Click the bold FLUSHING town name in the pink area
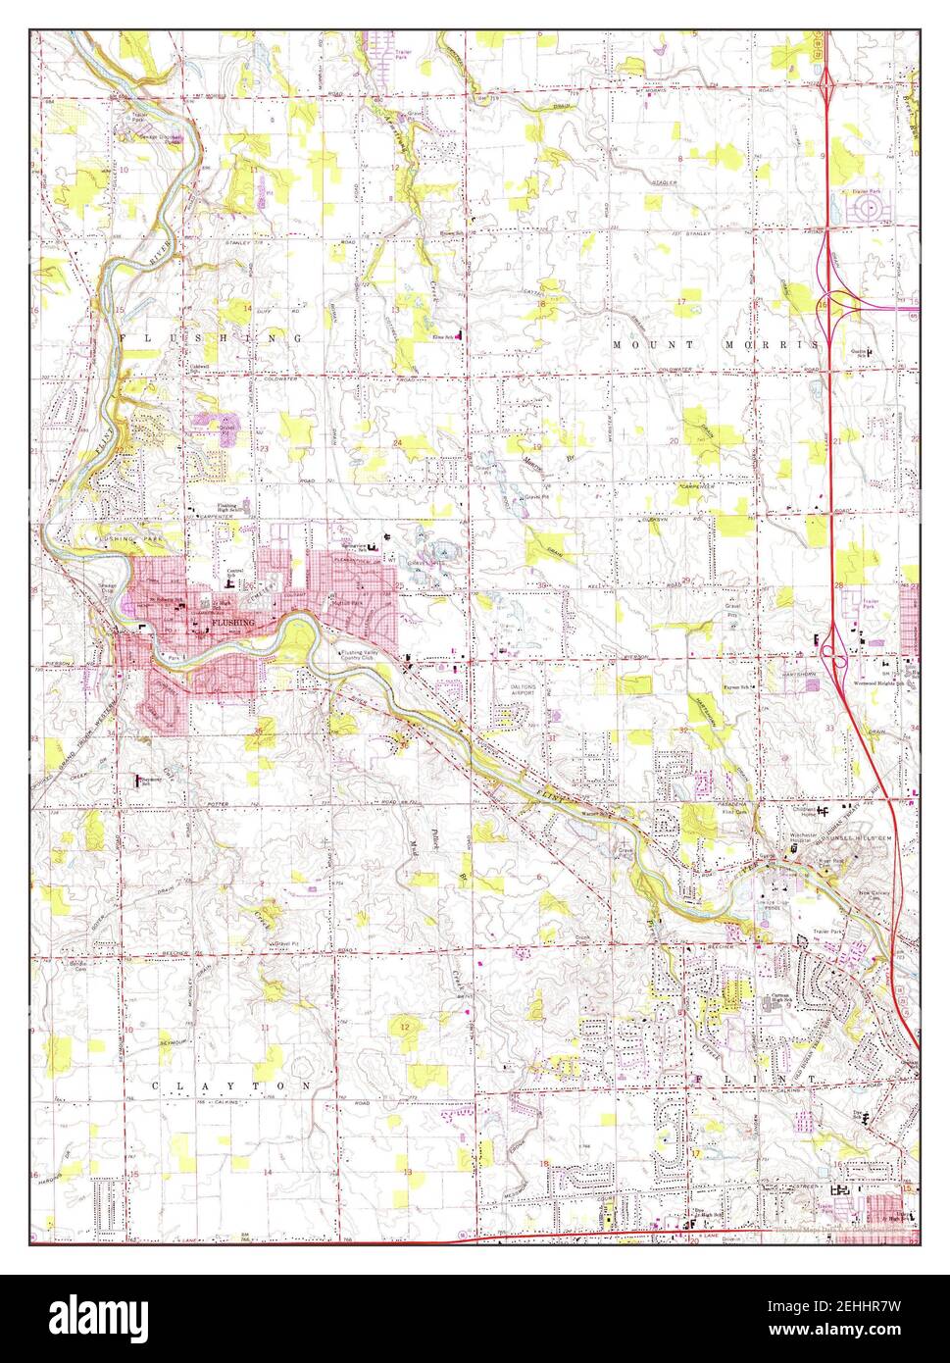pyautogui.click(x=233, y=623)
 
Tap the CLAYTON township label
pyautogui.click(x=232, y=1086)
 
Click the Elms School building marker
pyautogui.click(x=458, y=337)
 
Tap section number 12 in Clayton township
pyautogui.click(x=404, y=1027)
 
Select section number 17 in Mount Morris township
pyautogui.click(x=680, y=300)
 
